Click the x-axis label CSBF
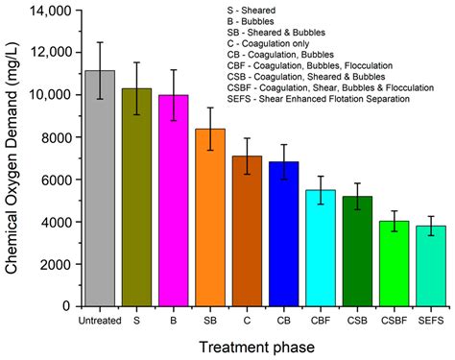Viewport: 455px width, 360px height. (x=393, y=321)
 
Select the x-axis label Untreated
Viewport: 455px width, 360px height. (x=100, y=321)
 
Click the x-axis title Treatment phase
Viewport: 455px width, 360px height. (x=255, y=346)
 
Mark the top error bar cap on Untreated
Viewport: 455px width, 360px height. (x=100, y=42)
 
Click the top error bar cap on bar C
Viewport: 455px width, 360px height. (x=247, y=138)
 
